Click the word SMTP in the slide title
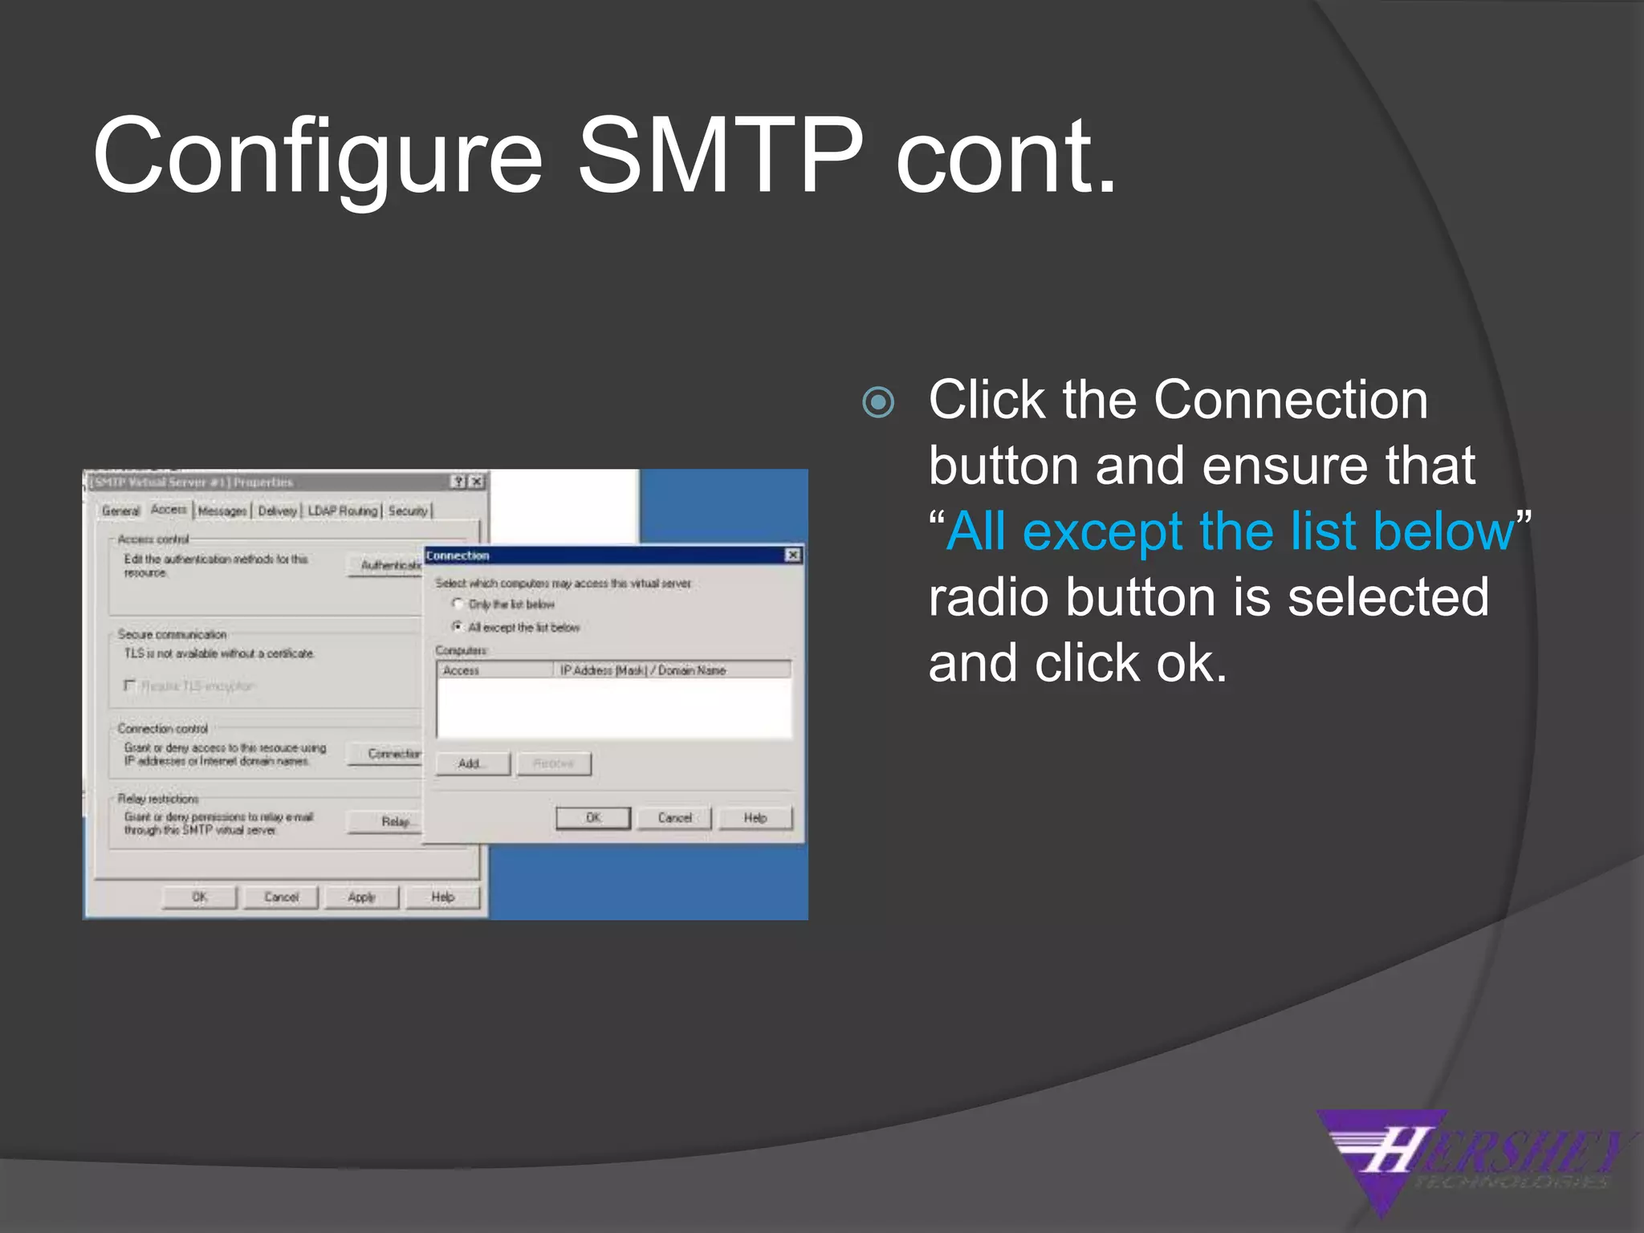tap(720, 157)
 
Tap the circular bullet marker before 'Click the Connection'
tap(877, 402)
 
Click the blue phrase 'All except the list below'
tap(1229, 531)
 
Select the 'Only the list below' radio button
tap(458, 604)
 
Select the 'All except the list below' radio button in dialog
tap(458, 627)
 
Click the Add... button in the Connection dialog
tap(472, 763)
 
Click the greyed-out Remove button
tap(554, 763)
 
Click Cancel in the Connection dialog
tap(674, 818)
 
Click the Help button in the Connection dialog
tap(755, 818)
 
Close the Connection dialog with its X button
tap(792, 555)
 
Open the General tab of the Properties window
tap(120, 511)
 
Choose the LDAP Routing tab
tap(342, 511)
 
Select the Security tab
tap(408, 511)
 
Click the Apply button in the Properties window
tap(361, 897)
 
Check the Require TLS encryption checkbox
tap(129, 686)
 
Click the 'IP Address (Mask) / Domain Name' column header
tap(642, 670)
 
